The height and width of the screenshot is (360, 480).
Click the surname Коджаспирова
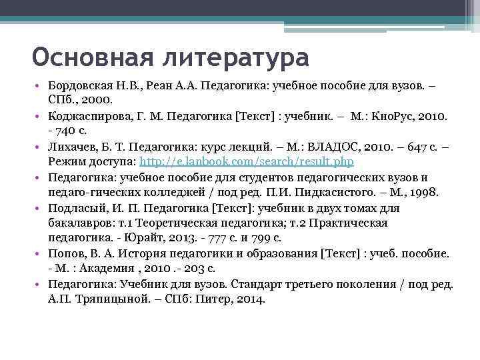tap(89, 116)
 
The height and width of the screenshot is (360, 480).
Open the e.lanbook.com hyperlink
tap(246, 161)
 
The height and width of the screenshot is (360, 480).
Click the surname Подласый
tap(78, 208)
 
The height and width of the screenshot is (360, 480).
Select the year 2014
tap(250, 299)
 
